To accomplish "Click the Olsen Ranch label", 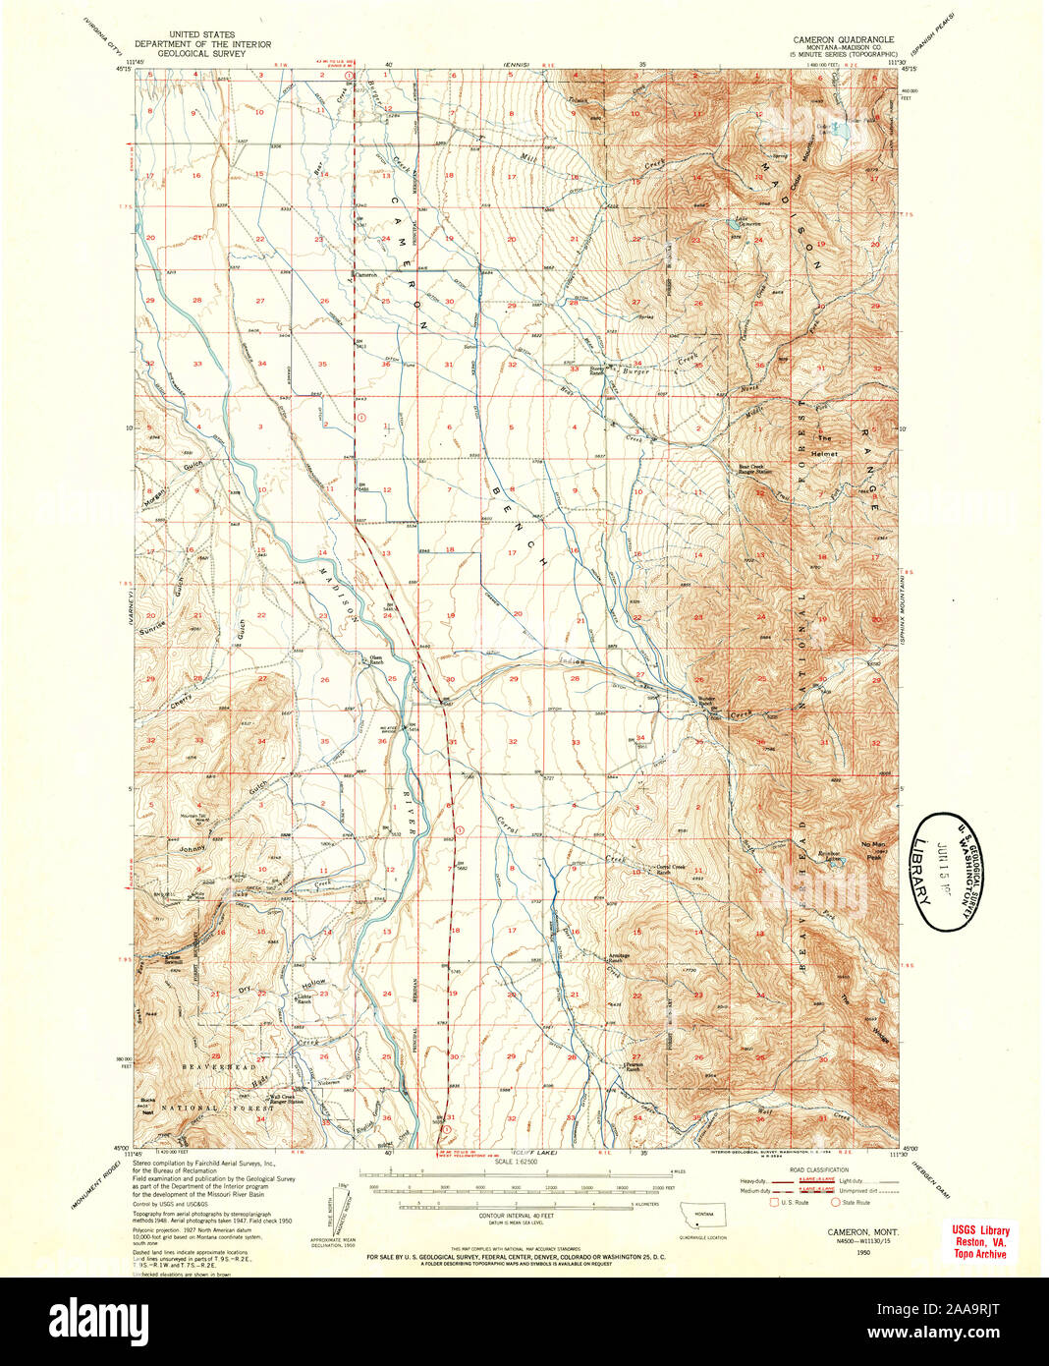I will click(x=374, y=659).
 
